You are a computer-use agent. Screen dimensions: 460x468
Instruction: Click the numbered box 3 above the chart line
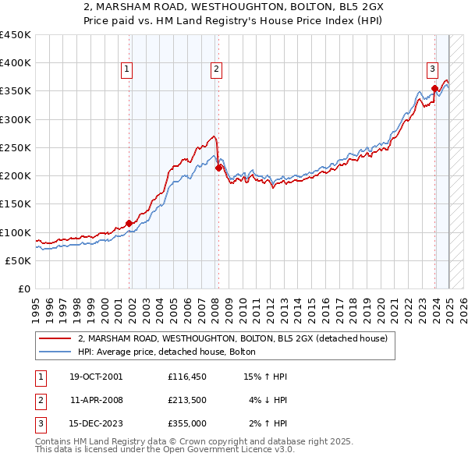[x=432, y=69]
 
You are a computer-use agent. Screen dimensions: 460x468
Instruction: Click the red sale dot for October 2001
[x=129, y=223]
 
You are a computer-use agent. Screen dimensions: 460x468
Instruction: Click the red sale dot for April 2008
[x=218, y=168]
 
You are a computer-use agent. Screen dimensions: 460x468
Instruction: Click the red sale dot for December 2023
[x=434, y=88]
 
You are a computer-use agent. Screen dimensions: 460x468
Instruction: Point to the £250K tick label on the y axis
[x=15, y=147]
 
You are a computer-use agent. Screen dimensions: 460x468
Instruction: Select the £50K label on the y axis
[x=18, y=260]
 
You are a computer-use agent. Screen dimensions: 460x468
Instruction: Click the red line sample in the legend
[x=56, y=338]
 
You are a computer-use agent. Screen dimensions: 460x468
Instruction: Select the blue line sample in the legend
[x=56, y=352]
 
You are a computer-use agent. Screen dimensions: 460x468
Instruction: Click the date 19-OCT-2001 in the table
[x=96, y=377]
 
